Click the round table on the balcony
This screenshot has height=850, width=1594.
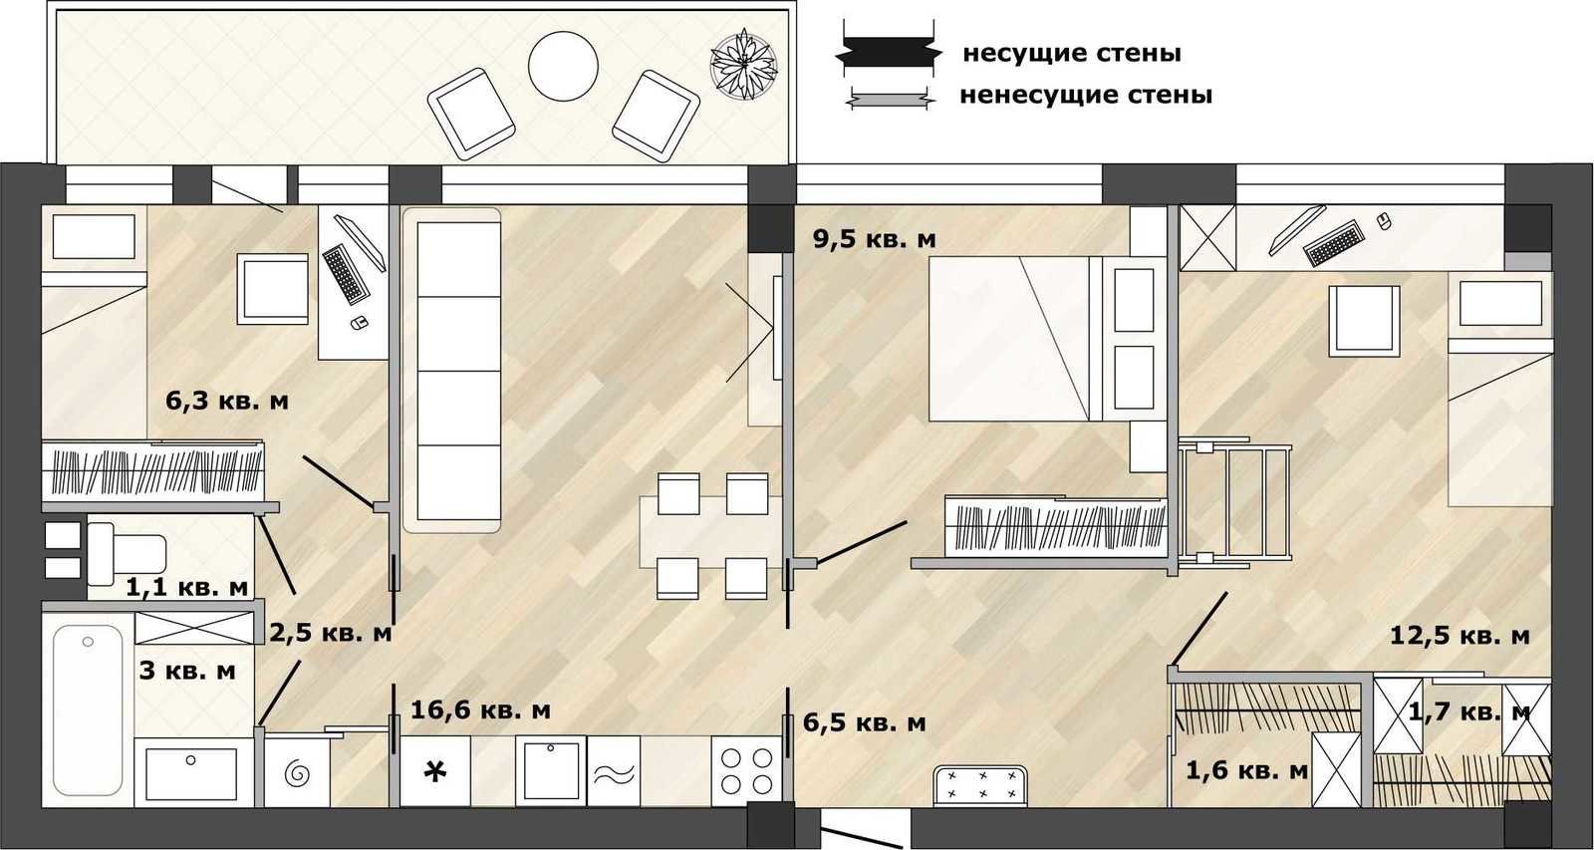pos(563,66)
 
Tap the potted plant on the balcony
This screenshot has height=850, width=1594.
pos(743,65)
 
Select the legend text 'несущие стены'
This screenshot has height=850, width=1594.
pos(1072,54)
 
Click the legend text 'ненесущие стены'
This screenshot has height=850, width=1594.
pos(1086,95)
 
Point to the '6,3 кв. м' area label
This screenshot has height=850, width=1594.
pos(227,401)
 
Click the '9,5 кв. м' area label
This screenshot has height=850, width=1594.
pos(875,239)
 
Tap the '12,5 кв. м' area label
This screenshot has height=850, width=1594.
pos(1460,635)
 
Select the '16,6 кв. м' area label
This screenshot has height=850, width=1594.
pos(480,709)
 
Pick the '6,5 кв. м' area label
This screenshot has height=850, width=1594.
pos(865,722)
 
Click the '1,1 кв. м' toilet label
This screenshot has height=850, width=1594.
pos(187,587)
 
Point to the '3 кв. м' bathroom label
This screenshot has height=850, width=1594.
pos(187,671)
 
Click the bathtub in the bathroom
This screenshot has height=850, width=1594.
pos(88,709)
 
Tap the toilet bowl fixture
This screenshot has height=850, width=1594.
pos(127,554)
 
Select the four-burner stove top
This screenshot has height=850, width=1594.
pos(747,771)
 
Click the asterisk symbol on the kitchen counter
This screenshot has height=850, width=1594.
pos(434,771)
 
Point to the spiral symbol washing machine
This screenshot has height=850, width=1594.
pos(297,772)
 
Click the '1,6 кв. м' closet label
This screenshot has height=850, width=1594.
pos(1246,769)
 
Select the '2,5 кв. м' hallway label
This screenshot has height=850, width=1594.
pos(331,632)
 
